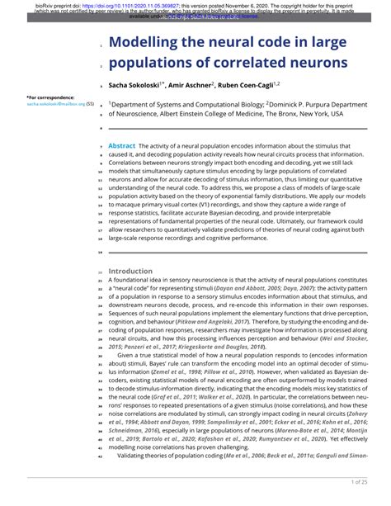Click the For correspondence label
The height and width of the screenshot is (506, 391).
[43, 98]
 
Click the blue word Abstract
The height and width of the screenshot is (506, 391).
[121, 144]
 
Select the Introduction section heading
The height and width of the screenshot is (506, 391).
[130, 271]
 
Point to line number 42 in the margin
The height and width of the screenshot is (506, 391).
[101, 456]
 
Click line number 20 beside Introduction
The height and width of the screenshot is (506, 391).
[101, 271]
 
